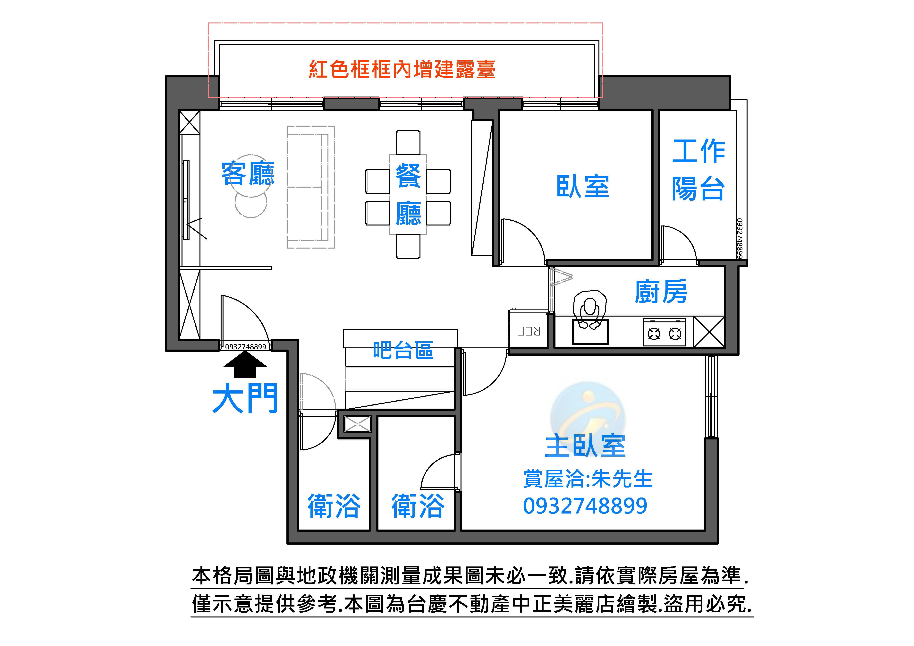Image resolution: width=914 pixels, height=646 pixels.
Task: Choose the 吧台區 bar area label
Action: [403, 350]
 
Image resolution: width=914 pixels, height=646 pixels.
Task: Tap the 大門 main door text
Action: [245, 399]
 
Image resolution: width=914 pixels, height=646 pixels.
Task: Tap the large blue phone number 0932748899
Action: [585, 506]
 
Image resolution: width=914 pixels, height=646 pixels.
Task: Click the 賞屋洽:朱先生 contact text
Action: [588, 479]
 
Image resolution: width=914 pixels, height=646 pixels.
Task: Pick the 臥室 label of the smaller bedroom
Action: [583, 186]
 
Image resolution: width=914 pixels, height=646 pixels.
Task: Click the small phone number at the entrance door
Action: [245, 347]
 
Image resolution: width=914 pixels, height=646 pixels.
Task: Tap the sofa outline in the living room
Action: [311, 187]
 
